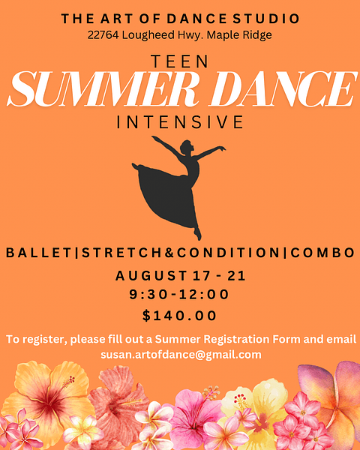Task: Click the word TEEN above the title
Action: [x=180, y=61]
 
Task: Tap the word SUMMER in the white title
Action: [x=103, y=89]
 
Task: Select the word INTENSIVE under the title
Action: [x=180, y=122]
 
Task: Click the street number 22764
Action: [x=103, y=35]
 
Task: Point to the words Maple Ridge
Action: [x=239, y=35]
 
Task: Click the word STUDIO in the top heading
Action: [x=266, y=19]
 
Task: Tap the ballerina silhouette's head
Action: [x=187, y=147]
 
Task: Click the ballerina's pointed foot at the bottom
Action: [x=197, y=233]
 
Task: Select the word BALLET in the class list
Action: [x=39, y=253]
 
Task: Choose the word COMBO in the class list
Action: [x=322, y=253]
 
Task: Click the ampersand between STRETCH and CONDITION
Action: [x=169, y=253]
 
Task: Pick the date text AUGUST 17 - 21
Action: [x=180, y=276]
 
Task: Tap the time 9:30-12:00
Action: [x=179, y=295]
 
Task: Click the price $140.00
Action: [x=179, y=316]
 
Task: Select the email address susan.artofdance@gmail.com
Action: [x=181, y=355]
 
